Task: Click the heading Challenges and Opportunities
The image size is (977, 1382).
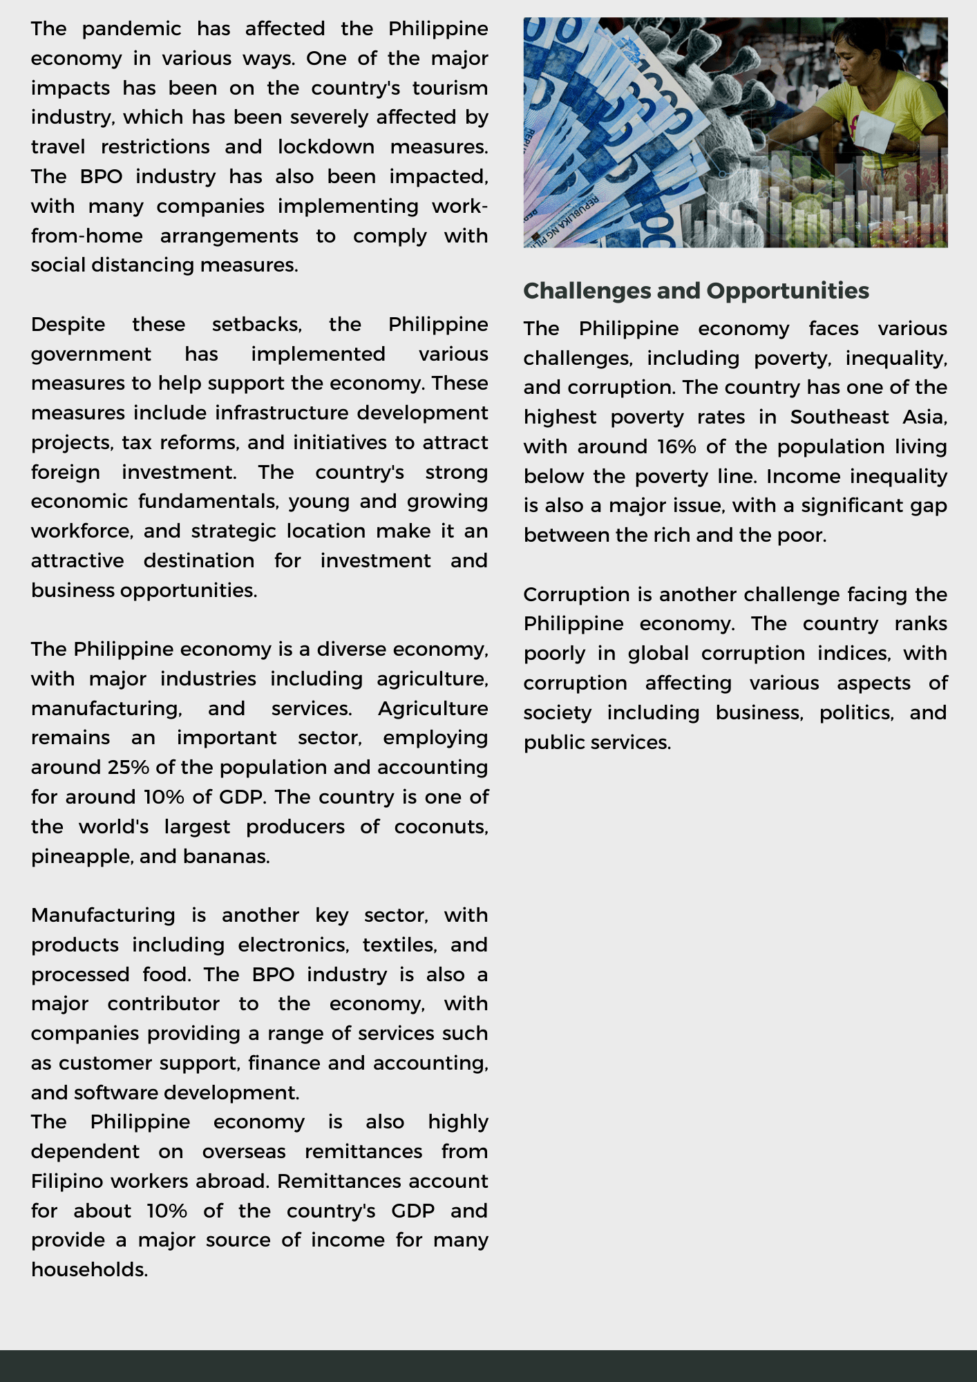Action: (x=696, y=291)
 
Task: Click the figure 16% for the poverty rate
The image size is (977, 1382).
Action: (x=676, y=447)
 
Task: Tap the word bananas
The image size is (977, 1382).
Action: (x=226, y=857)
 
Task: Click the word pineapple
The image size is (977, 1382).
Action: (x=82, y=857)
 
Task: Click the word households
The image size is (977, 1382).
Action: (x=90, y=1270)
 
